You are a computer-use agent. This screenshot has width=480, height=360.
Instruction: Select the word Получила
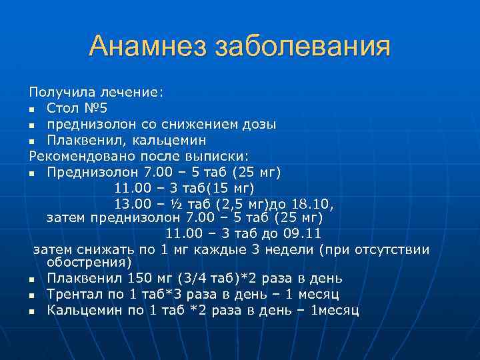click(62, 91)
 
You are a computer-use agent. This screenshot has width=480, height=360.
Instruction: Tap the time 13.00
click(133, 204)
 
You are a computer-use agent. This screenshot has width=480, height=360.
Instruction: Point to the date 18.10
click(313, 204)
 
